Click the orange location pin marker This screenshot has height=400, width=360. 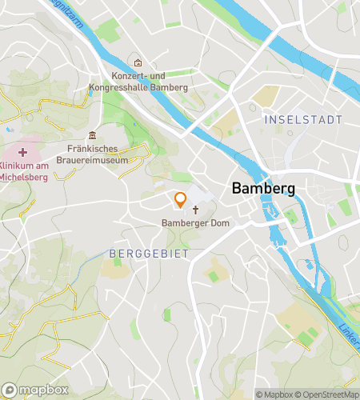click(181, 200)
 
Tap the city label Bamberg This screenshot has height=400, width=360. click(263, 190)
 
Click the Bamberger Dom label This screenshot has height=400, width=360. click(190, 223)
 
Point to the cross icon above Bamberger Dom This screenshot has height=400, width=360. click(195, 210)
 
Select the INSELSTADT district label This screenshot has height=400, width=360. click(302, 119)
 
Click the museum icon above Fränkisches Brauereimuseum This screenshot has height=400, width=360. click(93, 134)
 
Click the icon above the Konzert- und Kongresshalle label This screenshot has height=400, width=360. click(138, 62)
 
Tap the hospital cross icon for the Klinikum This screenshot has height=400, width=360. click(22, 151)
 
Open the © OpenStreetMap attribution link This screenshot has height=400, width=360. click(328, 394)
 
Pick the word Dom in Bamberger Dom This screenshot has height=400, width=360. click(209, 223)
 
